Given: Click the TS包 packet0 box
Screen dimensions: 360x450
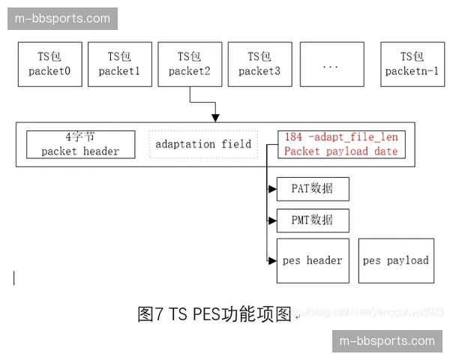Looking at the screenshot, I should tap(49, 64).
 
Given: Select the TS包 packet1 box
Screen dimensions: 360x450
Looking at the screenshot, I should tap(119, 64).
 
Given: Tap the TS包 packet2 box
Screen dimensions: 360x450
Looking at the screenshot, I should tap(190, 64).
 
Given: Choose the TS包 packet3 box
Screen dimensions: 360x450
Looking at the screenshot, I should tap(259, 64).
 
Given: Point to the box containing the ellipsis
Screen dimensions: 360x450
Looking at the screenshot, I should tap(331, 64).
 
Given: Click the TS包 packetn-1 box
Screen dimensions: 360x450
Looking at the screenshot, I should tap(412, 64).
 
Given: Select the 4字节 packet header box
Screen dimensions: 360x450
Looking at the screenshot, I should tap(80, 144).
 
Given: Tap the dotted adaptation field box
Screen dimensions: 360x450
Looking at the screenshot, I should tap(203, 143).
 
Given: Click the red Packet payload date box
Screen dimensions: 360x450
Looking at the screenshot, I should tap(341, 144).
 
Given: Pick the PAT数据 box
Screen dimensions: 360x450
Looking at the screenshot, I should tap(312, 188).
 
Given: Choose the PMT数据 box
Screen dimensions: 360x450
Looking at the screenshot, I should tap(312, 220).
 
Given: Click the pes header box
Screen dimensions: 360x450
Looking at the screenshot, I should tap(313, 261).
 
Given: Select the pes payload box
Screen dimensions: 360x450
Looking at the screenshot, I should tap(396, 261).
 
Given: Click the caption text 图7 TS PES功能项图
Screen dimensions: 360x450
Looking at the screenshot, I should tap(214, 314).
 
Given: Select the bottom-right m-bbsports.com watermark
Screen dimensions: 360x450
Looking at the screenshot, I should tap(387, 341).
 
